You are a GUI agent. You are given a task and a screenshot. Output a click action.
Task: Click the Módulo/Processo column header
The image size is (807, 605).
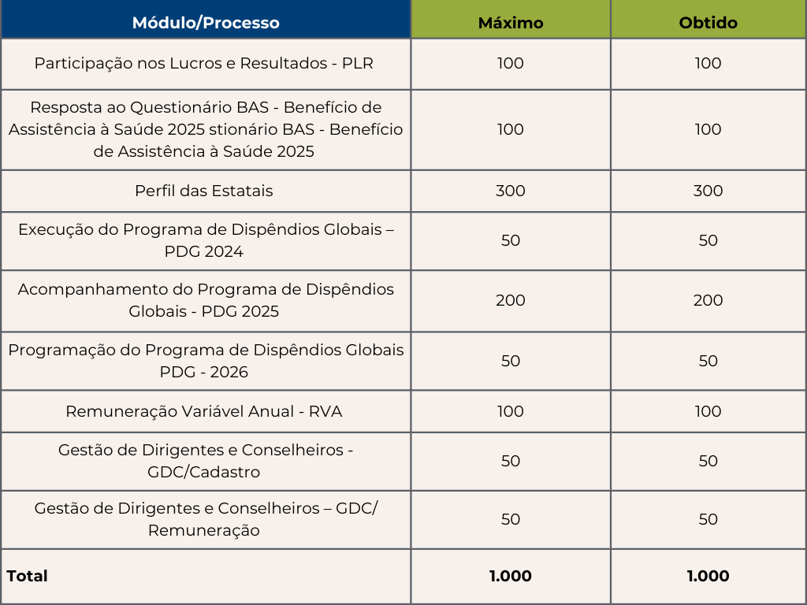click(x=206, y=23)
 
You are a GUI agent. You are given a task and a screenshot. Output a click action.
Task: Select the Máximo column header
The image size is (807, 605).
click(x=511, y=23)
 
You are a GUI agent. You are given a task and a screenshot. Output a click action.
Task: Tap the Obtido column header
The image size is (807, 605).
click(x=708, y=23)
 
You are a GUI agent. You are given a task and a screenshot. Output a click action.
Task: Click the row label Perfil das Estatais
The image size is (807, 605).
click(x=204, y=191)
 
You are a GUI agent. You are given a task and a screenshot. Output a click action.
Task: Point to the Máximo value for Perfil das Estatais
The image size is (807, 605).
click(x=511, y=191)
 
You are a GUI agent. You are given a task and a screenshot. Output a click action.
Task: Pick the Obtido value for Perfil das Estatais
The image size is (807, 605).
click(x=708, y=191)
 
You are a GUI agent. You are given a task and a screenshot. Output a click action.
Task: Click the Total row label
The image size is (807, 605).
click(x=28, y=576)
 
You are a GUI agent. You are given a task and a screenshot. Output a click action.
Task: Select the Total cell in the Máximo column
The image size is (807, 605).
click(x=511, y=576)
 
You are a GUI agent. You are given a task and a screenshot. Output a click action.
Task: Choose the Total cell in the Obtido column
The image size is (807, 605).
click(x=708, y=576)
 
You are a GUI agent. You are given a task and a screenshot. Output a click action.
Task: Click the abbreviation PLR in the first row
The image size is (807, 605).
click(x=358, y=63)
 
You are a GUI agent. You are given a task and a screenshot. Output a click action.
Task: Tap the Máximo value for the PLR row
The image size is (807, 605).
click(x=511, y=63)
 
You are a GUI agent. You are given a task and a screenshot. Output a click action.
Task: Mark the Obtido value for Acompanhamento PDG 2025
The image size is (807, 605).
click(x=708, y=300)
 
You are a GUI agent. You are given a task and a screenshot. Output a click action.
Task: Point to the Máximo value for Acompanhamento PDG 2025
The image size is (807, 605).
click(x=511, y=300)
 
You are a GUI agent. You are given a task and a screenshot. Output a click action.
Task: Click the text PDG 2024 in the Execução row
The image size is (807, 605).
click(x=204, y=252)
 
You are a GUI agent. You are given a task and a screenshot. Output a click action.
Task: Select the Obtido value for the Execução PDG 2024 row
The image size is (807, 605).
click(x=708, y=240)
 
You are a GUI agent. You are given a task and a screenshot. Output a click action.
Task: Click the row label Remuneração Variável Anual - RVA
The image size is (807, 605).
click(x=204, y=411)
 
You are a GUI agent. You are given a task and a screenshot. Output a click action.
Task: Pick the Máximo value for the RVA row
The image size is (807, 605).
click(x=511, y=411)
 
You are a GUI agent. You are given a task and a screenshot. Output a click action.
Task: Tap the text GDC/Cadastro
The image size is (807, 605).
click(x=204, y=472)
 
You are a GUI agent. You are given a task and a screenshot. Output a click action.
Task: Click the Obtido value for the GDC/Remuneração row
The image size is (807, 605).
click(x=708, y=519)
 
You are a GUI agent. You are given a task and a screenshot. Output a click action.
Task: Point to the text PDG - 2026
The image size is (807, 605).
click(x=204, y=372)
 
